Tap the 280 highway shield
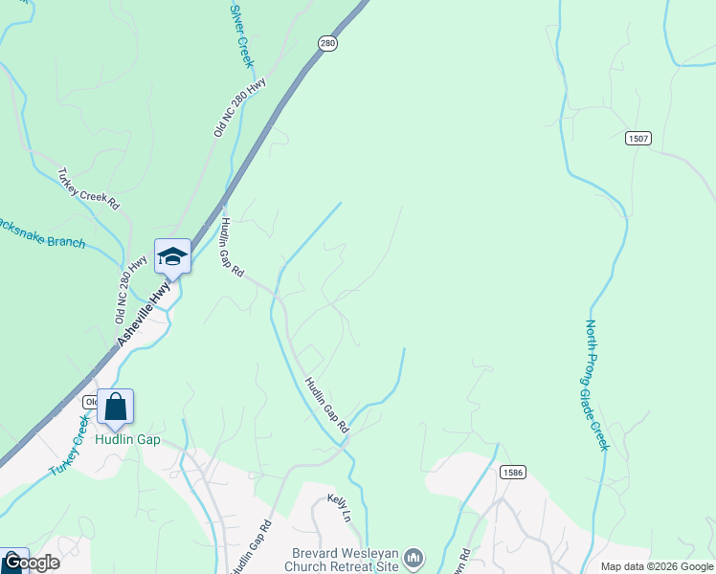[328, 44]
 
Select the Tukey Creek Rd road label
[88, 189]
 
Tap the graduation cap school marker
[172, 256]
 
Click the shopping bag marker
[115, 408]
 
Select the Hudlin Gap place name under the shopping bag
[127, 440]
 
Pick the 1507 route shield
[638, 139]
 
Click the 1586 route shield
[512, 472]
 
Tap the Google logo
[31, 563]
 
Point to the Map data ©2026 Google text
[658, 566]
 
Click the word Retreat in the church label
[347, 565]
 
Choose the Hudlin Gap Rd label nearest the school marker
[233, 248]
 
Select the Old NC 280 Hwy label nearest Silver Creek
[240, 108]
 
